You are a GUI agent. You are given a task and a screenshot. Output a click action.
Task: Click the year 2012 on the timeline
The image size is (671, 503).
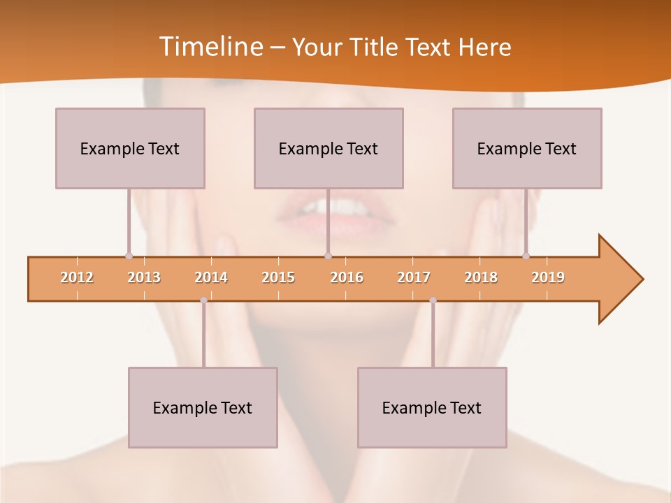(x=77, y=277)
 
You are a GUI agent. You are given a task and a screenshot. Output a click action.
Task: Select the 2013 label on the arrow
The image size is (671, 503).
(x=144, y=277)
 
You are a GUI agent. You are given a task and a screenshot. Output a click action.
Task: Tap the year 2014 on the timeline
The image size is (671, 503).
(x=211, y=277)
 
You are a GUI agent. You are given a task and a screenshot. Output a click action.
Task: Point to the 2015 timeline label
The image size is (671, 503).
(x=278, y=277)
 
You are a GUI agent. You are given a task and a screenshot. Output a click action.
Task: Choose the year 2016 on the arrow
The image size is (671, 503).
(x=347, y=277)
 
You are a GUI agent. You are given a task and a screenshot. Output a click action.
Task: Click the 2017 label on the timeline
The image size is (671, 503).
(x=414, y=277)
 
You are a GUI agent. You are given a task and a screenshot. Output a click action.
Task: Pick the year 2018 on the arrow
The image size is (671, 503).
(x=481, y=277)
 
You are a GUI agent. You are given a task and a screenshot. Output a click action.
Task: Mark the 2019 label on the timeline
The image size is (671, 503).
(x=548, y=277)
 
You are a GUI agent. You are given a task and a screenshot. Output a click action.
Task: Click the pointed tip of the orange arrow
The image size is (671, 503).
(x=642, y=279)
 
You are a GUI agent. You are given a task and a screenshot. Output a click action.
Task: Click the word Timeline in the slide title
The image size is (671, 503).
(x=210, y=46)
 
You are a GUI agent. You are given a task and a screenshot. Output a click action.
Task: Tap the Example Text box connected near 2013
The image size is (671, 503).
(x=130, y=148)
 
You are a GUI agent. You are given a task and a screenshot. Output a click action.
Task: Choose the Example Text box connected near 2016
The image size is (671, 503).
(x=329, y=148)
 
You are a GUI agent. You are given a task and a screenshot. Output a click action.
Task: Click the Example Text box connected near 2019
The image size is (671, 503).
(x=527, y=148)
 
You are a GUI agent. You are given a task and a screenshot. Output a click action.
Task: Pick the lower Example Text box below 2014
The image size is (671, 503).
(x=203, y=407)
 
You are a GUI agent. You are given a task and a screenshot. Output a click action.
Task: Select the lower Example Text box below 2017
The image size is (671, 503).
(x=432, y=407)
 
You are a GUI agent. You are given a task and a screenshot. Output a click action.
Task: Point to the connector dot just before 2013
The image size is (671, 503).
(x=129, y=256)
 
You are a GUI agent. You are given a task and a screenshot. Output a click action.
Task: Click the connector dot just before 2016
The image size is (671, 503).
(x=328, y=256)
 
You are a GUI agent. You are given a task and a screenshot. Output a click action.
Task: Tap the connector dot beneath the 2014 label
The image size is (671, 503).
(x=203, y=300)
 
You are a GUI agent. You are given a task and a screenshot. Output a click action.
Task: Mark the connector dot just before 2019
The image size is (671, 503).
(x=526, y=256)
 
